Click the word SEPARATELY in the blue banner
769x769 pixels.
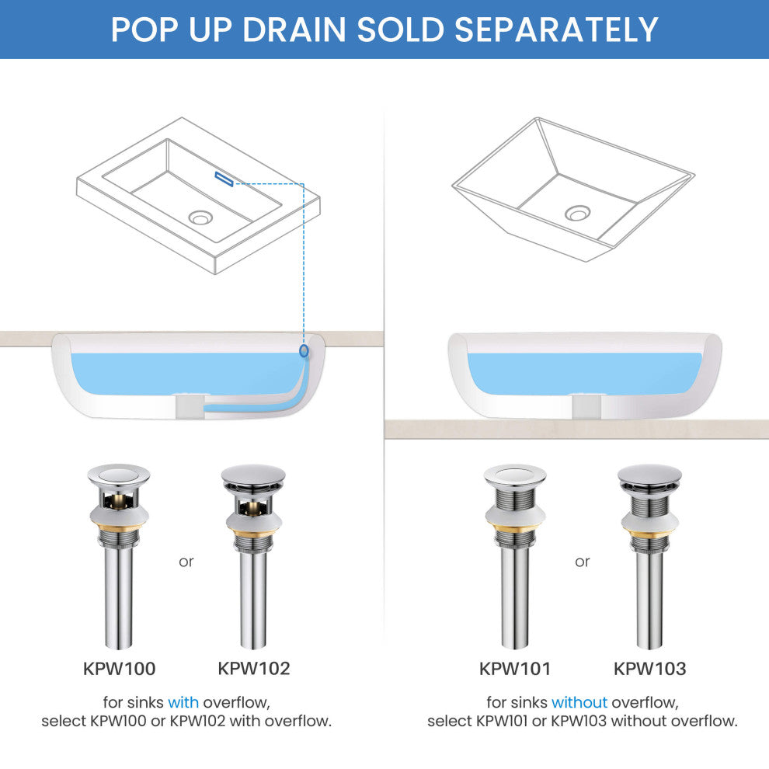(556, 30)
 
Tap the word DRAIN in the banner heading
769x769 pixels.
(294, 30)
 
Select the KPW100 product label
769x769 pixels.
(119, 669)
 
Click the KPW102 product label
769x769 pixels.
(253, 669)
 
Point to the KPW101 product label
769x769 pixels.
(515, 669)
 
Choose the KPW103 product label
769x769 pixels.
(650, 669)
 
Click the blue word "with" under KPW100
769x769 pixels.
(183, 702)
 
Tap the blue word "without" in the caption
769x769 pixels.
(579, 702)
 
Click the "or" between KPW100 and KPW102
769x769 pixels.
(186, 562)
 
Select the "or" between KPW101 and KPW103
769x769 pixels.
(582, 562)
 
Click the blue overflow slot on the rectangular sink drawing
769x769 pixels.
(224, 179)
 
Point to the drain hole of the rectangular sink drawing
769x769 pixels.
(200, 217)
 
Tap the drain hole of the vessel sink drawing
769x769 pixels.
(577, 213)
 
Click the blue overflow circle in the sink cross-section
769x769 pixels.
(304, 350)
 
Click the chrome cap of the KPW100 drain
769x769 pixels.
(119, 475)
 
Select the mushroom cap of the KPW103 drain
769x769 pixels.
(649, 473)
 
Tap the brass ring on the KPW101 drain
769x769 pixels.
(514, 528)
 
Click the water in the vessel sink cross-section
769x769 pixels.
(583, 374)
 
